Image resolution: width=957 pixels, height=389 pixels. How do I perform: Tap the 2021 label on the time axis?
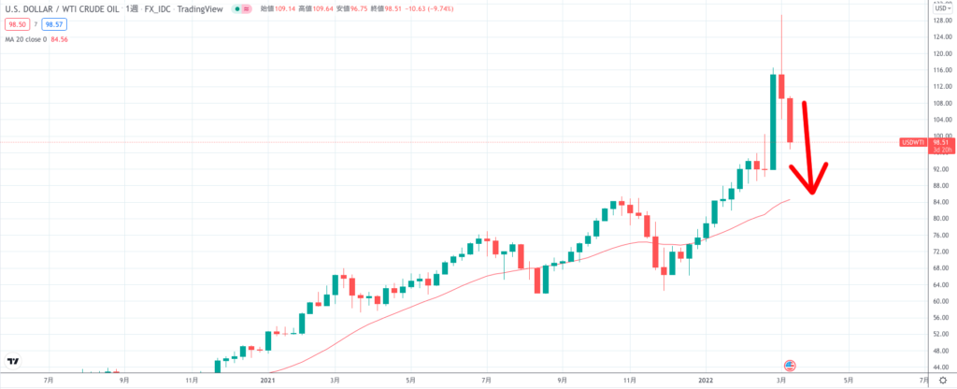pos(268,382)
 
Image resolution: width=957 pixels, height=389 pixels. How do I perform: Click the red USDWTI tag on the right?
pos(912,142)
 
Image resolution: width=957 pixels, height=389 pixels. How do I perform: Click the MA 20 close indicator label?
pos(29,40)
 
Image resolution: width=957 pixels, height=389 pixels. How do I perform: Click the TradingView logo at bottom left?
pos(13,362)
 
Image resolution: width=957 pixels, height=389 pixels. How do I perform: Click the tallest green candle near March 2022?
pos(774,122)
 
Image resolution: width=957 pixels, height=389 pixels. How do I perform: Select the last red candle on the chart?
pos(790,120)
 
